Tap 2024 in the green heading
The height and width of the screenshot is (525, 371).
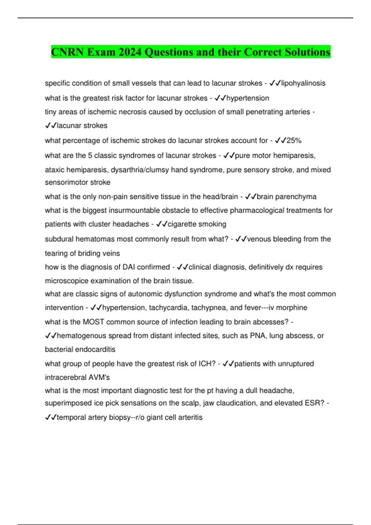[130, 52]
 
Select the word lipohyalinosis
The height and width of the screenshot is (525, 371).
[303, 83]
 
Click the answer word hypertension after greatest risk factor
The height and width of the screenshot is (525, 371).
[248, 98]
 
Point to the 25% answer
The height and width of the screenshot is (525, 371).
[294, 141]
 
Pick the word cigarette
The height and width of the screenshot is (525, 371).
[181, 224]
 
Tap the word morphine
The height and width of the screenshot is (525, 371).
[292, 308]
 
